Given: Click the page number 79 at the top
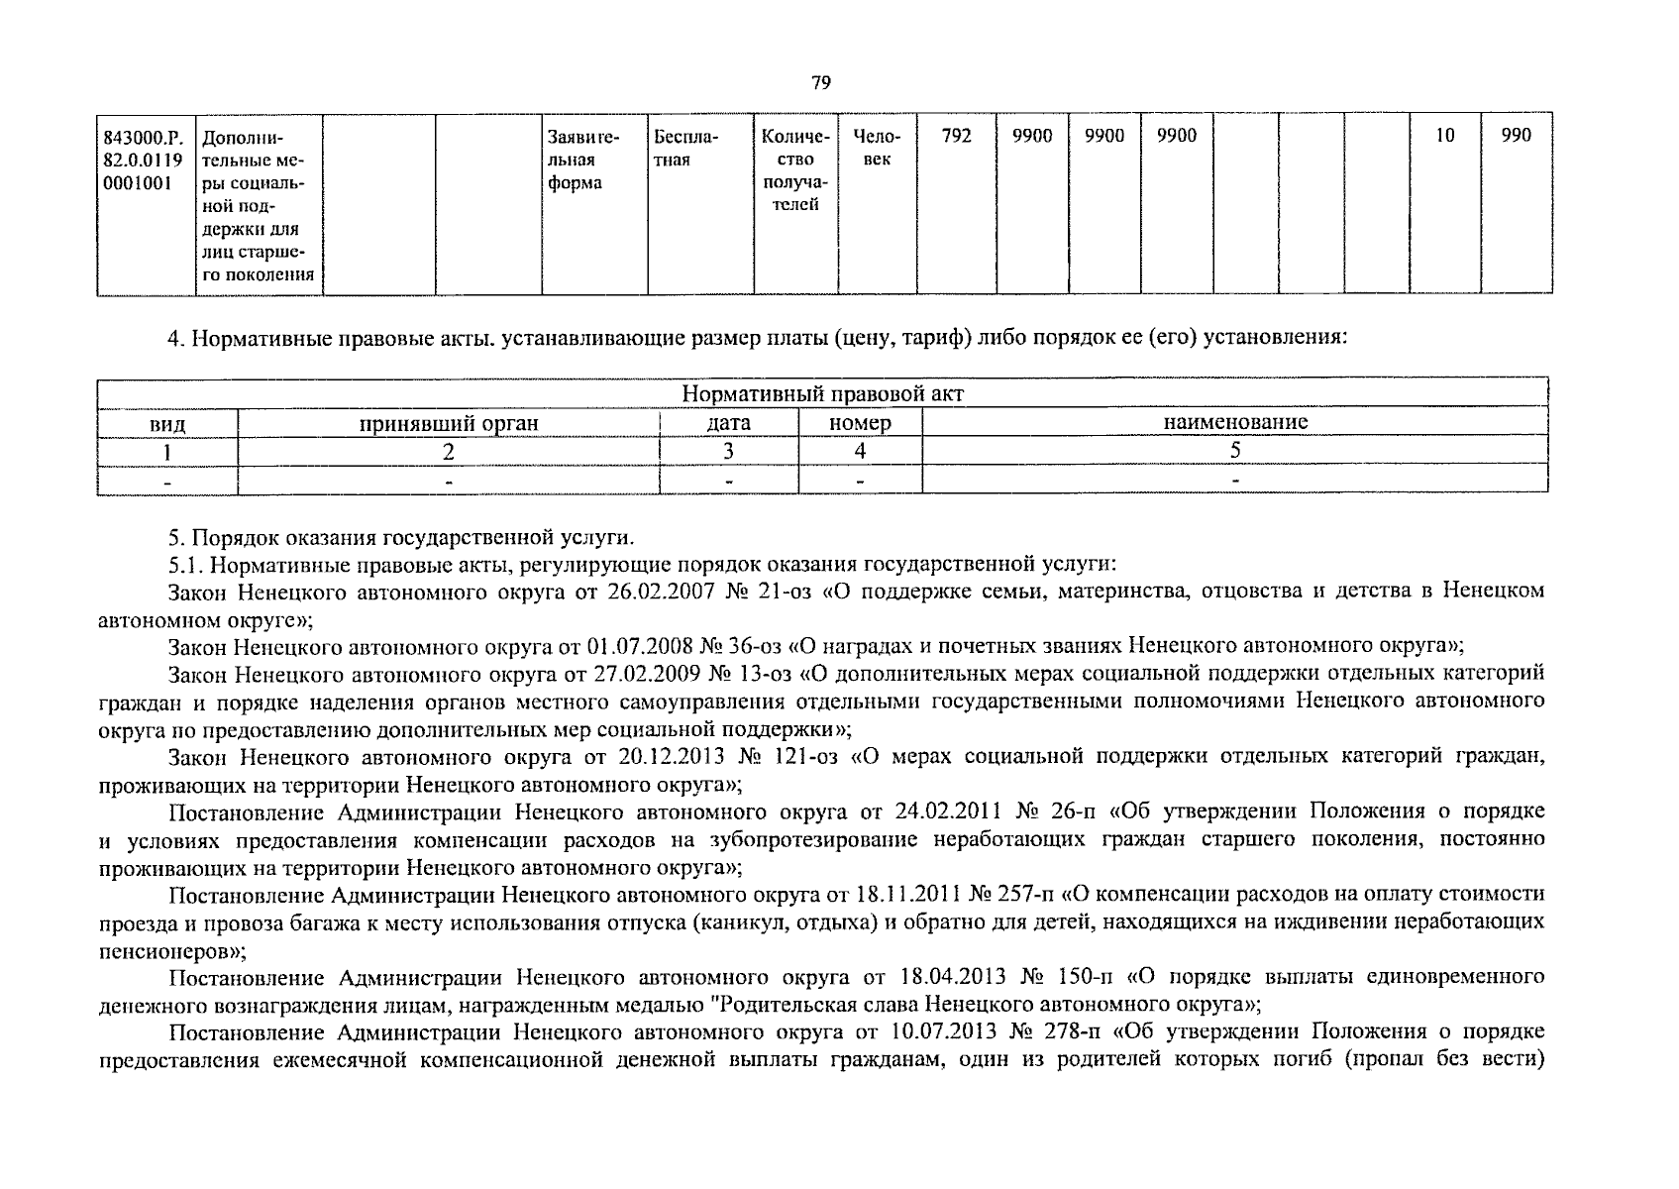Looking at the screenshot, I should (820, 83).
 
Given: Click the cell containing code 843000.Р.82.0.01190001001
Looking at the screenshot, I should (146, 159).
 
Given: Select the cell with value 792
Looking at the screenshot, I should (956, 137).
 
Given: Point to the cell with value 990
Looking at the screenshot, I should (1516, 137).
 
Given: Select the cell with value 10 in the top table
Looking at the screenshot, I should (1444, 137).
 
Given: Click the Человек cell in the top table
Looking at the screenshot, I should (877, 148).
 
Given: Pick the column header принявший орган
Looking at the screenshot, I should (448, 423).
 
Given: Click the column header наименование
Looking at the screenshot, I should (1234, 423).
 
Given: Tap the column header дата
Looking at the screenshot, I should (728, 423).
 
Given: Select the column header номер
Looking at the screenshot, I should (860, 423).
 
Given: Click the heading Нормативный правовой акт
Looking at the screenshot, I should (822, 393).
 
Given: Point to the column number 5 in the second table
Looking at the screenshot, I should (1234, 451).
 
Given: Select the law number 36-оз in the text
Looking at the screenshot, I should (754, 647).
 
